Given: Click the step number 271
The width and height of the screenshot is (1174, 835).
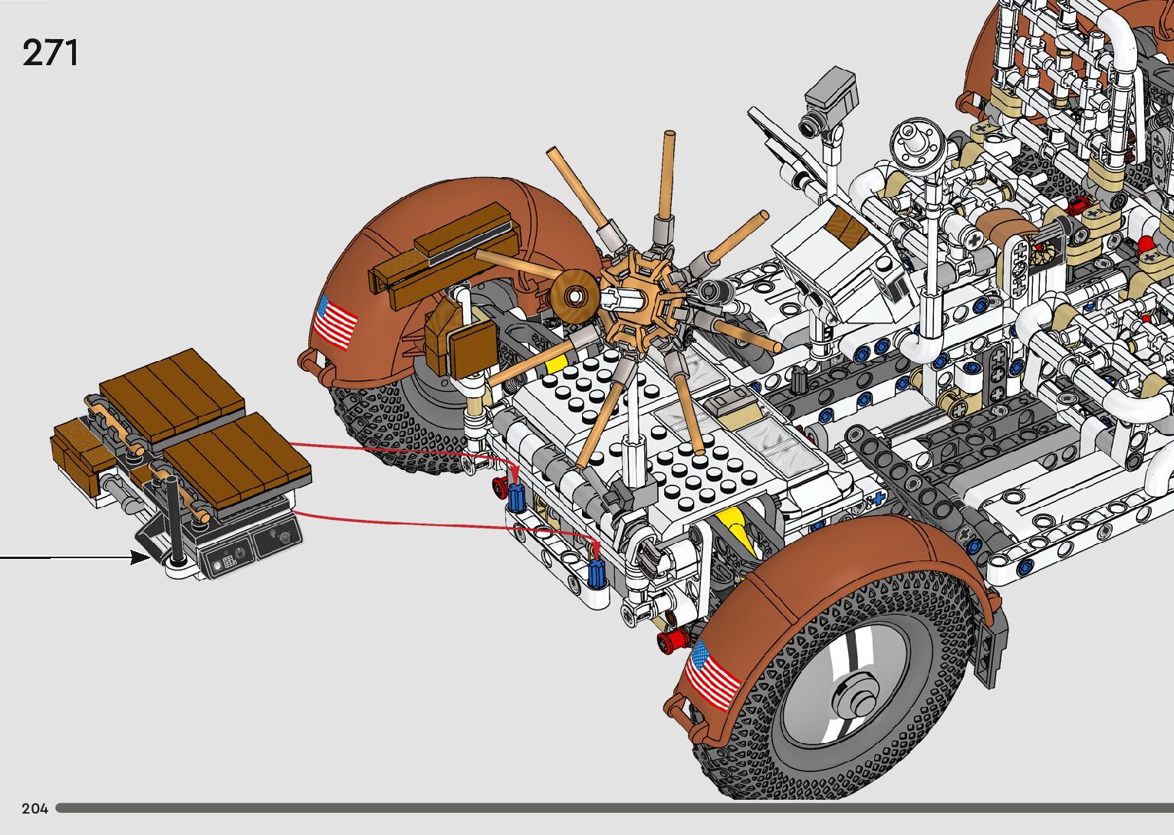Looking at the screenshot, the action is click(51, 52).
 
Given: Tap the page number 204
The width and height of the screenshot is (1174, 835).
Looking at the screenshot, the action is click(35, 808).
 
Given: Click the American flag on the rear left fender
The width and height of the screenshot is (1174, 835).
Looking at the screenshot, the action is click(335, 322).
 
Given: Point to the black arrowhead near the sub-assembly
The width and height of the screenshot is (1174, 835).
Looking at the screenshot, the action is click(140, 557).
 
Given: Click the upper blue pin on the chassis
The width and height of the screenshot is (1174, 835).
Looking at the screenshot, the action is click(516, 497).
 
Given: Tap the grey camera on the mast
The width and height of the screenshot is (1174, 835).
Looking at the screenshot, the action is click(829, 104).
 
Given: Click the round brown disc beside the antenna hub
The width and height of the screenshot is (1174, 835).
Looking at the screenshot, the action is click(575, 297).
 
